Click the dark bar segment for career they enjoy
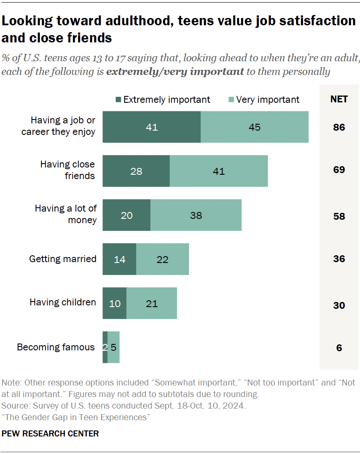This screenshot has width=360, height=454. pyautogui.click(x=151, y=127)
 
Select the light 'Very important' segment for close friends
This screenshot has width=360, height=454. pyautogui.click(x=219, y=171)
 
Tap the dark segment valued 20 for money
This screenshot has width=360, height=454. pyautogui.click(x=126, y=215)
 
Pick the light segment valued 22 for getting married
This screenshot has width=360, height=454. pyautogui.click(x=162, y=259)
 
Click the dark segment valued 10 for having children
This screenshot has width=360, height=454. pyautogui.click(x=114, y=304)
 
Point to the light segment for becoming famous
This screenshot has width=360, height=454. pyautogui.click(x=114, y=347)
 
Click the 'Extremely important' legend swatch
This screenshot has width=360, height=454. pyautogui.click(x=118, y=100)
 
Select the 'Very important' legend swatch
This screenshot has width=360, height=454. pyautogui.click(x=231, y=100)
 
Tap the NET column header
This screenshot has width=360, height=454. pyautogui.click(x=339, y=99)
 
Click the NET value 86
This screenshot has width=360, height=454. pyautogui.click(x=339, y=127)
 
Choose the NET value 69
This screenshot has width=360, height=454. pyautogui.click(x=339, y=170)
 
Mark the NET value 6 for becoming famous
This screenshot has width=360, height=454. pyautogui.click(x=339, y=348)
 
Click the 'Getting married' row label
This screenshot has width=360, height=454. pyautogui.click(x=63, y=259)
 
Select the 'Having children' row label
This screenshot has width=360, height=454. pyautogui.click(x=63, y=302)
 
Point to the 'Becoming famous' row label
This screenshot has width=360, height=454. pyautogui.click(x=56, y=347)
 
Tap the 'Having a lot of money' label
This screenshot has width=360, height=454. pyautogui.click(x=66, y=214)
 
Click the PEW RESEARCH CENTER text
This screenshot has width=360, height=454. pyautogui.click(x=50, y=433)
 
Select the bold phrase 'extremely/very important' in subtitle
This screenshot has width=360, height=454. pyautogui.click(x=175, y=72)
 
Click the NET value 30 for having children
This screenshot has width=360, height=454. pyautogui.click(x=339, y=305)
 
